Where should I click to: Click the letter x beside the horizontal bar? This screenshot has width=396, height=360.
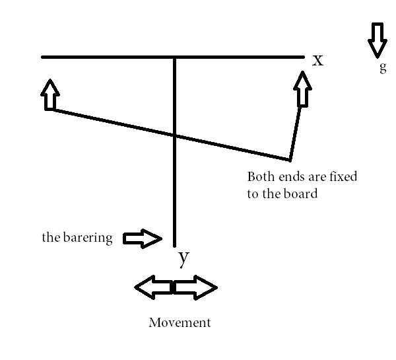pyautogui.click(x=318, y=60)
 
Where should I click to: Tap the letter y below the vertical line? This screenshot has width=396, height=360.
pyautogui.click(x=184, y=258)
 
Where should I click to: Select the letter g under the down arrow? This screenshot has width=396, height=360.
pyautogui.click(x=383, y=67)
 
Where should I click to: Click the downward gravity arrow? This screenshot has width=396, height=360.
pyautogui.click(x=378, y=40)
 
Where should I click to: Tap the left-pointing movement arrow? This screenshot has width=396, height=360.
pyautogui.click(x=152, y=288)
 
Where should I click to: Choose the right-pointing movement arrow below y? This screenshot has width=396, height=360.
pyautogui.click(x=196, y=288)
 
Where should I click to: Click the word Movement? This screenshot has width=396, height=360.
pyautogui.click(x=180, y=323)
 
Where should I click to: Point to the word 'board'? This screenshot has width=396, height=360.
pyautogui.click(x=302, y=194)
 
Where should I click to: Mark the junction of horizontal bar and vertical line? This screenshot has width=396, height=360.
pyautogui.click(x=175, y=57)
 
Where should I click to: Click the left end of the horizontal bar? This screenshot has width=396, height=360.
pyautogui.click(x=43, y=57)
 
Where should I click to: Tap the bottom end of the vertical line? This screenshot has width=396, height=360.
pyautogui.click(x=175, y=244)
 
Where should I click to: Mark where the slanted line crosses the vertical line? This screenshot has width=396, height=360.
pyautogui.click(x=175, y=135)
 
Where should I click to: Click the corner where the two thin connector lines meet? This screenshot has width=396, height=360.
pyautogui.click(x=289, y=159)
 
